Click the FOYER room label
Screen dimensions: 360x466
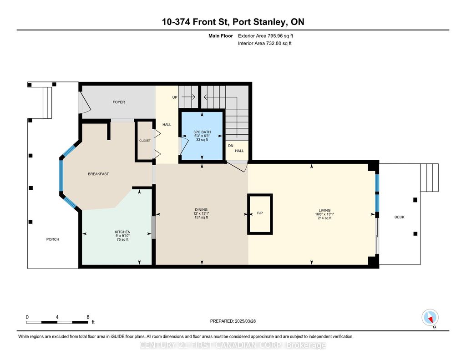tap(119, 102)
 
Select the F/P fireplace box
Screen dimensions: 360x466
tap(260, 213)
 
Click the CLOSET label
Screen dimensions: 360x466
tap(145, 141)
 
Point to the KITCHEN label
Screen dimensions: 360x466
tap(122, 232)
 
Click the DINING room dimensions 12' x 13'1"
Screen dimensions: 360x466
tap(201, 213)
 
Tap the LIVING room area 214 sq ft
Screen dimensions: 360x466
tap(324, 218)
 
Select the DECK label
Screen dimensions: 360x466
tap(399, 217)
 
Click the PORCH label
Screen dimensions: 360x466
tap(53, 239)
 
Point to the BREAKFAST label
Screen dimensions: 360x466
tap(98, 174)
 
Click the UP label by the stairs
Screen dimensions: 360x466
tap(175, 97)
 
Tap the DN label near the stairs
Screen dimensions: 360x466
tap(231, 146)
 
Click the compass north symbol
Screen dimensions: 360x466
tap(430, 318)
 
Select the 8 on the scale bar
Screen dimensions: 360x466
tap(87, 317)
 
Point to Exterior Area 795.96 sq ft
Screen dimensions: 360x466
tap(268, 35)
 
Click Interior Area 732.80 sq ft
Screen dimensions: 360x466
tap(265, 43)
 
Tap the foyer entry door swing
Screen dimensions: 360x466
tap(86, 103)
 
